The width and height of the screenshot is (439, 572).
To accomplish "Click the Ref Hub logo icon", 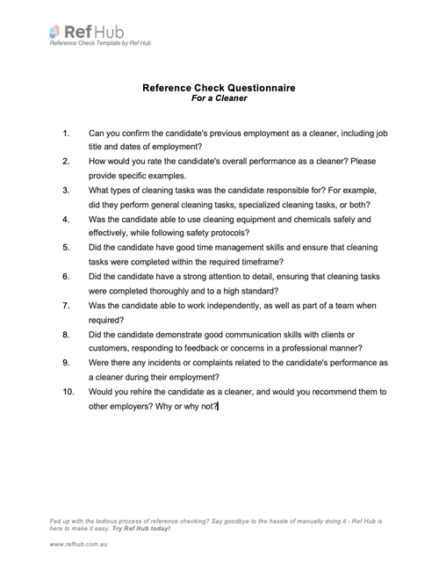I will [x=54, y=33].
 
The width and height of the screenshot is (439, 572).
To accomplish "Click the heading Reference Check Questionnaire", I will [x=219, y=88].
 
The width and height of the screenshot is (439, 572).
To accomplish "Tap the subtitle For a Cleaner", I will [x=219, y=98].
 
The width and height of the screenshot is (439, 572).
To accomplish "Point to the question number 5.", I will [x=67, y=248].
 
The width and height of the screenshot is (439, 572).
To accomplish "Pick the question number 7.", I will [x=67, y=305].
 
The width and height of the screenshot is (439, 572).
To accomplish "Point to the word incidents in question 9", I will [x=170, y=362].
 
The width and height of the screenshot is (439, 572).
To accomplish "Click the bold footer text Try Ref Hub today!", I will [x=140, y=529].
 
